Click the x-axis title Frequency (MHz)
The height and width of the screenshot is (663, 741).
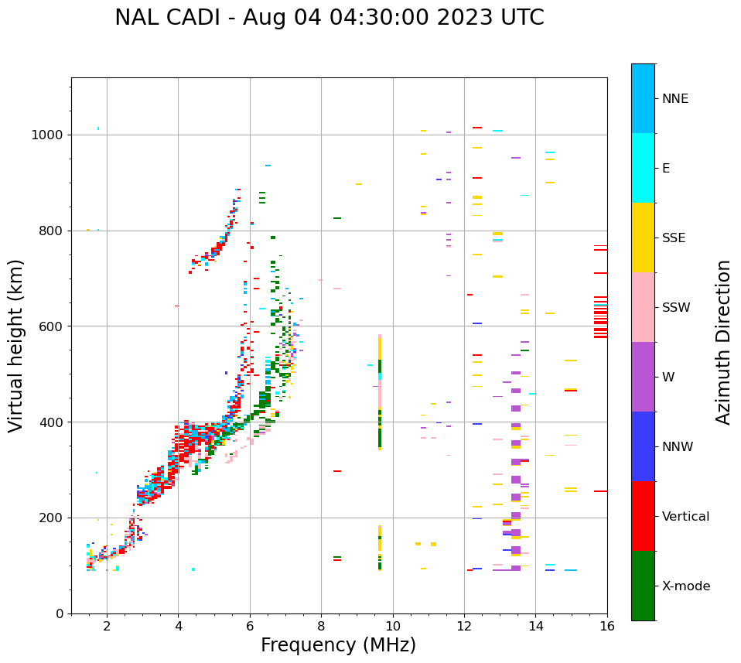pos(338,645)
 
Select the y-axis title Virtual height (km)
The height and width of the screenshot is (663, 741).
pos(16,345)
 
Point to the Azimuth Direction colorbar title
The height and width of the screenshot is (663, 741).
pos(723,342)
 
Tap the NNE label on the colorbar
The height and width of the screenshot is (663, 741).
pos(674,99)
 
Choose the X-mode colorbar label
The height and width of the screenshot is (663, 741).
pos(685,586)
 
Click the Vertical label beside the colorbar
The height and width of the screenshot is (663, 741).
pos(685,517)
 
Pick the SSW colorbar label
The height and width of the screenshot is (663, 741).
pos(676,308)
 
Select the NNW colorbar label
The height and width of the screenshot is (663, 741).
pos(678,447)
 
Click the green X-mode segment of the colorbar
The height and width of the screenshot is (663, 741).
pos(643,586)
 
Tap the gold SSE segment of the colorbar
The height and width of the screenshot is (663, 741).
pos(643,238)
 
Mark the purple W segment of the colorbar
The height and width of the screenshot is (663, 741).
pos(643,377)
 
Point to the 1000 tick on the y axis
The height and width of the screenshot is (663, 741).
pos(47,135)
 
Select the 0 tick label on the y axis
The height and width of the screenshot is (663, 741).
pos(59,613)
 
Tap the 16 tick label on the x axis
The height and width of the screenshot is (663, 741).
pos(606,627)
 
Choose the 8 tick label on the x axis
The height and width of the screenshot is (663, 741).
pos(321,627)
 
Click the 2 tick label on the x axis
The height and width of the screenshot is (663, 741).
pos(107,627)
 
